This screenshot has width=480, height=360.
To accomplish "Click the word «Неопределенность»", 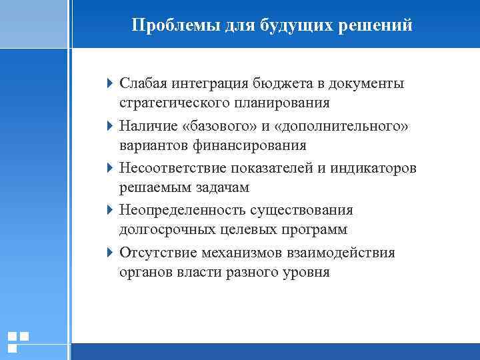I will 182,210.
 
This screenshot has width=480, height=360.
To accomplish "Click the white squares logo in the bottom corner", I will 18,341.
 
